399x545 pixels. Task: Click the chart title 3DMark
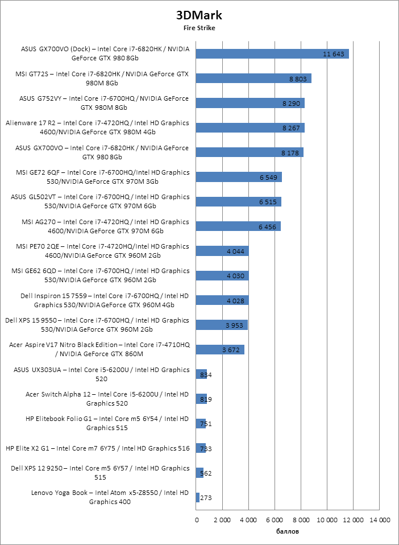199,15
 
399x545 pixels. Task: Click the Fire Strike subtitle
199,27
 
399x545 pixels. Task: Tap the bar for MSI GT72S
253,79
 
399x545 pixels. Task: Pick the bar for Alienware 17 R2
250,127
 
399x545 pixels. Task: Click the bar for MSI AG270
238,226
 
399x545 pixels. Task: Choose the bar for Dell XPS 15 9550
222,325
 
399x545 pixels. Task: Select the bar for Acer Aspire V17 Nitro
220,349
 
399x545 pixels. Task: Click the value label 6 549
268,177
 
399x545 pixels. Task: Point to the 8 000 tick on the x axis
301,520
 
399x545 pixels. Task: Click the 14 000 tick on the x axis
380,520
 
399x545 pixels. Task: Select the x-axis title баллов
288,532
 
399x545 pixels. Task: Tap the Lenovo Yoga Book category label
109,497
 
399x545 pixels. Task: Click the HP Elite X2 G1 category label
97,448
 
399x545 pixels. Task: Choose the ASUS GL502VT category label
100,201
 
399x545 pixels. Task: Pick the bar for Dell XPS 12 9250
199,473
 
